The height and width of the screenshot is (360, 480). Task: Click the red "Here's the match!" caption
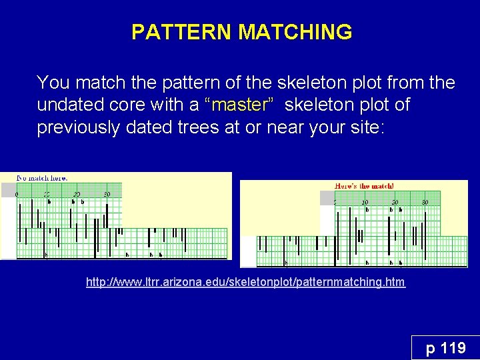[364, 186]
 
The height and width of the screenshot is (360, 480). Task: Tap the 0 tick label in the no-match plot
[17, 194]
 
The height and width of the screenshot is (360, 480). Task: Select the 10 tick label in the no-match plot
[47, 194]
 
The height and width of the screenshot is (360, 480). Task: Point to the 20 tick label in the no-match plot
[77, 194]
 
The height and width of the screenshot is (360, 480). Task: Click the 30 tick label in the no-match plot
[107, 194]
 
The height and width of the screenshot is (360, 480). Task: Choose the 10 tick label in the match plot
[365, 202]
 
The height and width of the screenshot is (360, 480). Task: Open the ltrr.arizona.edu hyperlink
[245, 283]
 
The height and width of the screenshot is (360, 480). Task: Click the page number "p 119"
[445, 348]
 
